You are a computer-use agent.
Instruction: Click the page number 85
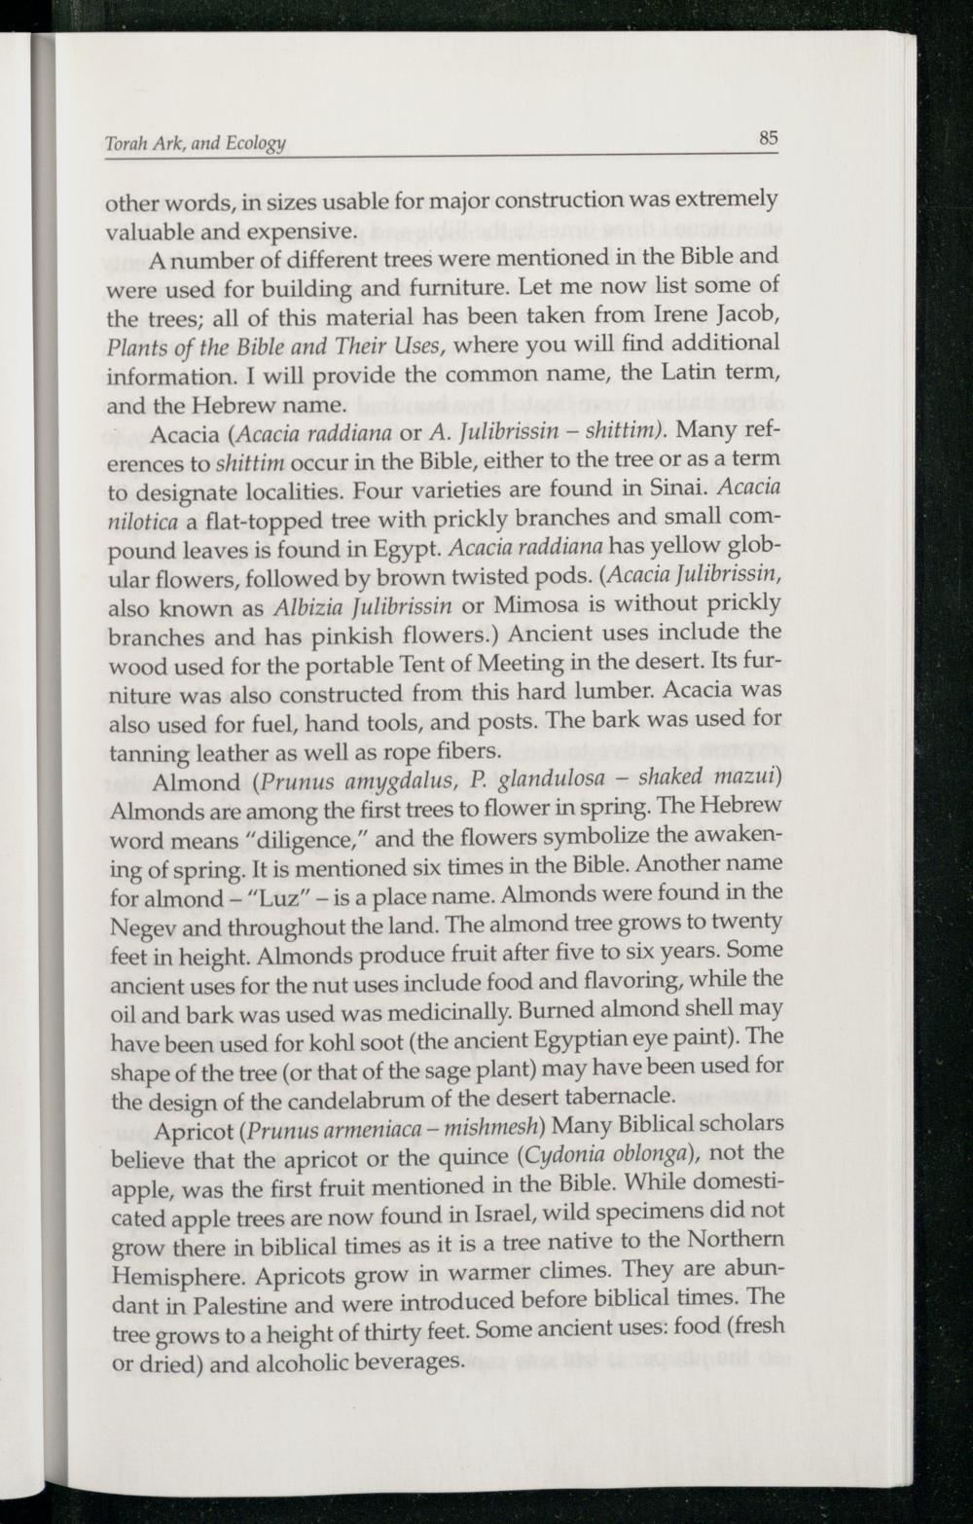click(x=769, y=138)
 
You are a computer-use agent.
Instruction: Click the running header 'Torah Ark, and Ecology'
click(x=195, y=144)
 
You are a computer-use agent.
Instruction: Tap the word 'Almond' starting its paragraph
click(x=197, y=782)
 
